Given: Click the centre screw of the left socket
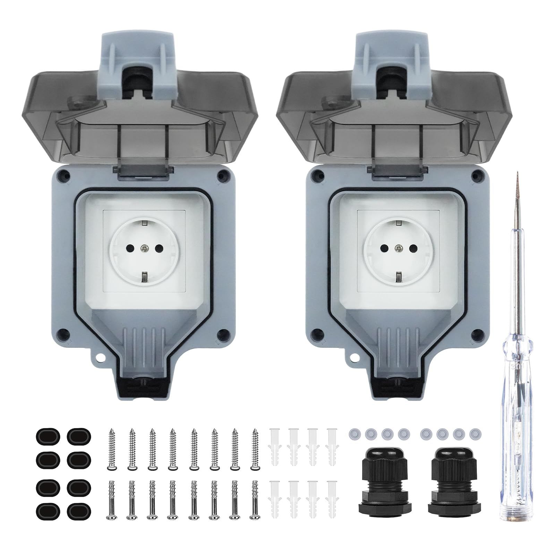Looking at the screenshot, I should (x=144, y=247).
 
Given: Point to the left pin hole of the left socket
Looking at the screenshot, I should (x=129, y=247).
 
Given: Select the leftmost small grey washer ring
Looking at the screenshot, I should (x=354, y=433).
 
